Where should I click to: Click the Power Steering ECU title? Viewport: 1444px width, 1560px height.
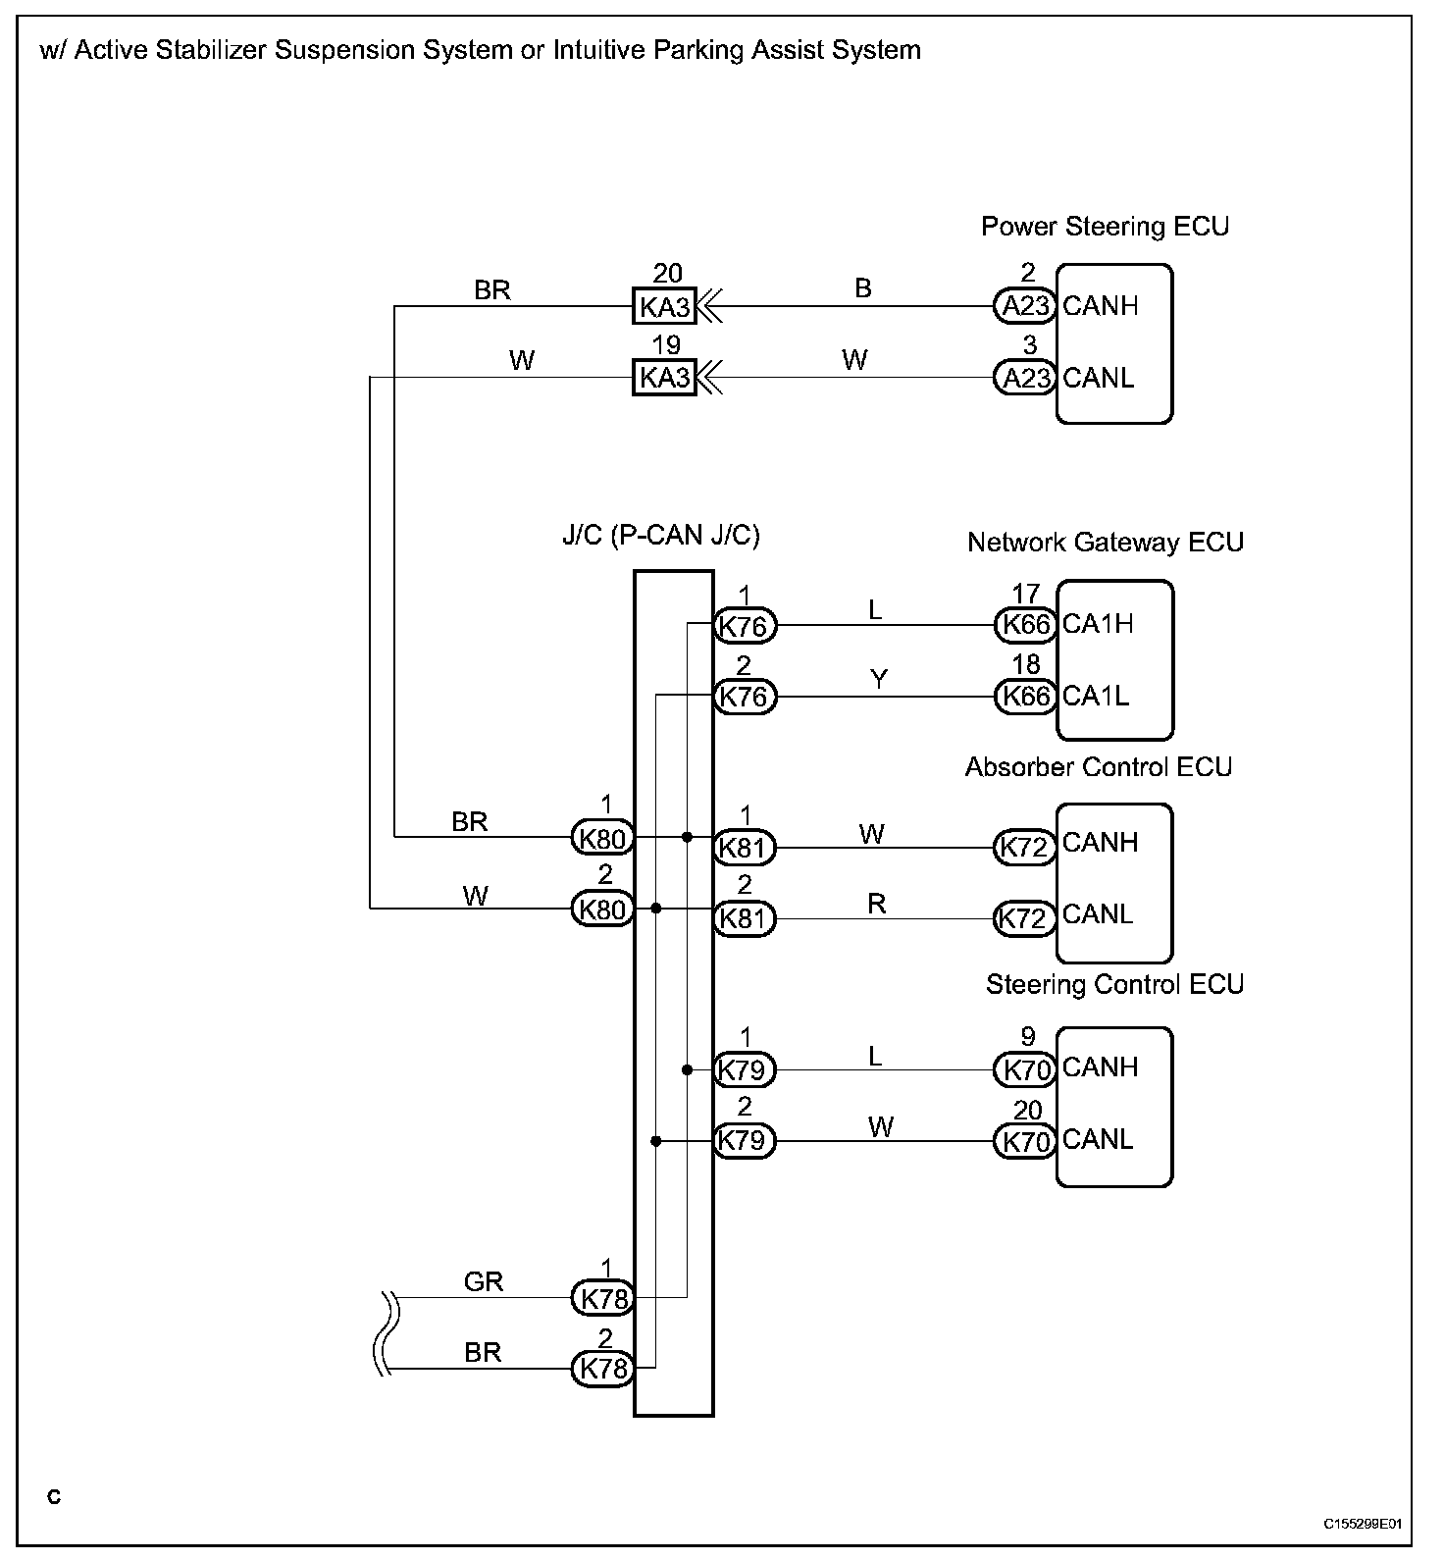click(1105, 227)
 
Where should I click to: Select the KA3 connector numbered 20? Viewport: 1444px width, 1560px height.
click(664, 307)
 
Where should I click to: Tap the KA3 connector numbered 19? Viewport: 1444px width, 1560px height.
click(664, 378)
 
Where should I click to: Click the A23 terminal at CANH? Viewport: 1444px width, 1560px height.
click(1025, 306)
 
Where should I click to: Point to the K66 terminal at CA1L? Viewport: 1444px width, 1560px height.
click(1025, 697)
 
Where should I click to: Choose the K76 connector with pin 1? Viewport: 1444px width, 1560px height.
click(745, 625)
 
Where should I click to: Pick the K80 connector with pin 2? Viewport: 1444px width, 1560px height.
click(603, 910)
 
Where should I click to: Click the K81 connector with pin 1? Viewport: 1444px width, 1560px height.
click(745, 848)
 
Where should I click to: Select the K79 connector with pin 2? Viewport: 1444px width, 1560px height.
click(745, 1141)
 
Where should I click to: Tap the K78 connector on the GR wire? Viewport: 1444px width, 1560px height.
click(603, 1298)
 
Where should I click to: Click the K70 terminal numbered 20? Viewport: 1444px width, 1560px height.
click(1025, 1141)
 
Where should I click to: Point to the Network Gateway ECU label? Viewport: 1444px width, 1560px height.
click(1105, 543)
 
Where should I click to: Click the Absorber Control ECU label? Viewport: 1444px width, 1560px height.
click(1098, 767)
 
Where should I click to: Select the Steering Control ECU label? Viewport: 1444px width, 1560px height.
click(1114, 984)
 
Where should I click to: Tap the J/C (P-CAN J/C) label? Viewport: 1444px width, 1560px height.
click(660, 536)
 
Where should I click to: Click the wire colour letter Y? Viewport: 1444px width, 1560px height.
click(879, 680)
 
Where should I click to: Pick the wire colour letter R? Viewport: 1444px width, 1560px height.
click(877, 904)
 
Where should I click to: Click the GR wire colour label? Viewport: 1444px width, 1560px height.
click(483, 1281)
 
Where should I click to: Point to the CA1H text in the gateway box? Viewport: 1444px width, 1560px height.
click(1098, 624)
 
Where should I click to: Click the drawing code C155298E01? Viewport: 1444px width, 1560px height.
click(1363, 1524)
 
